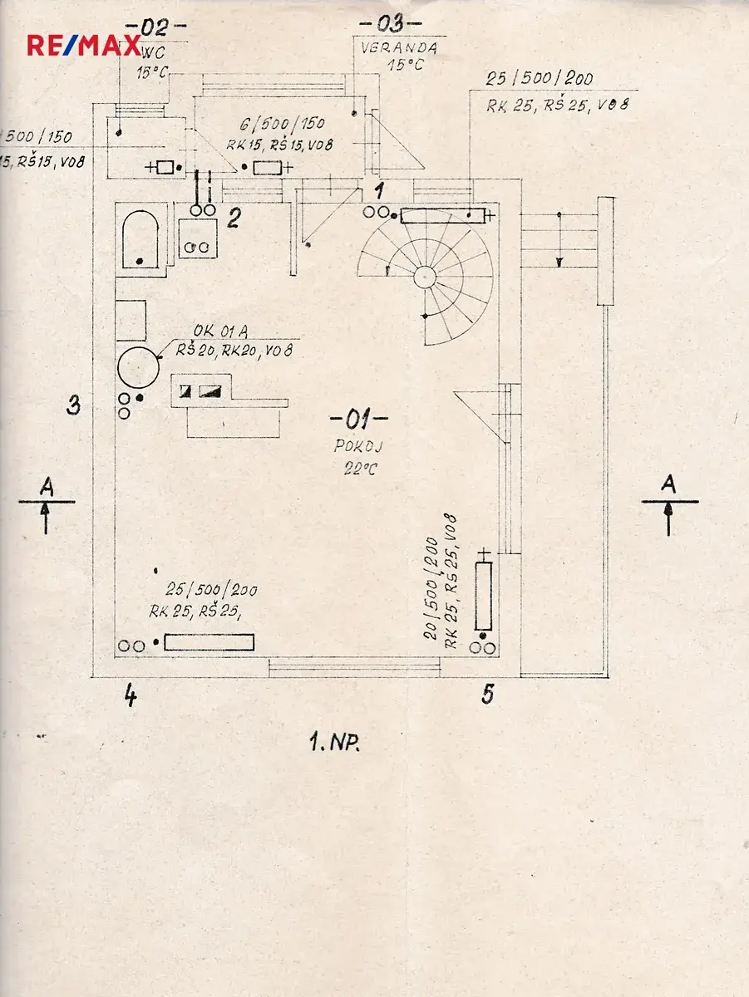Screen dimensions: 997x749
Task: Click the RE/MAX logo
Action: pos(83,45)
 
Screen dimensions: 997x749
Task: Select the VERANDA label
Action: pos(399,48)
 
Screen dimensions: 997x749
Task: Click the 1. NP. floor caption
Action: pos(334,744)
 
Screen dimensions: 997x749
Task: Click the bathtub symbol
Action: pos(140,238)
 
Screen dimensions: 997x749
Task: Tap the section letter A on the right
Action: pos(668,484)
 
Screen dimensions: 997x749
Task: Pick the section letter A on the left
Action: pos(47,487)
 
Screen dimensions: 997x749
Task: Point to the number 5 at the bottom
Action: pos(488,695)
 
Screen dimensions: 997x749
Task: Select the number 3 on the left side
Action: pos(74,406)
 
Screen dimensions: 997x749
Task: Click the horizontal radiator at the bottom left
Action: pos(209,642)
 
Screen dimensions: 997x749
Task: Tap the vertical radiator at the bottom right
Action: pos(483,596)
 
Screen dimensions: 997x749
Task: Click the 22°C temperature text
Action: pos(359,469)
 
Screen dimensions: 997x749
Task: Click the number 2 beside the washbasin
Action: pos(234,219)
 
